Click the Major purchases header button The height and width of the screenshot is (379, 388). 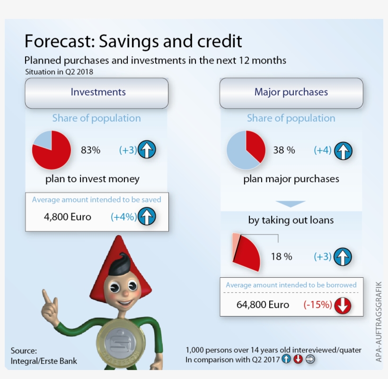pyautogui.click(x=291, y=92)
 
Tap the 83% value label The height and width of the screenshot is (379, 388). pyautogui.click(x=90, y=150)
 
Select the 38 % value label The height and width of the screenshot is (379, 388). pyautogui.click(x=284, y=150)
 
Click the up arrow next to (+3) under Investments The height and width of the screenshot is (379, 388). pyautogui.click(x=147, y=150)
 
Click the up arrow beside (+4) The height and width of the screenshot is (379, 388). pyautogui.click(x=343, y=151)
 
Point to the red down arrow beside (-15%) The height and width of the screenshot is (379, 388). pyautogui.click(x=343, y=305)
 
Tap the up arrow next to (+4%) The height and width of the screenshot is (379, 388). pyautogui.click(x=147, y=217)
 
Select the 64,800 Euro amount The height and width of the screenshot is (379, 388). pyautogui.click(x=263, y=305)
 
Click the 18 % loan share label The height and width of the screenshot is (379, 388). pyautogui.click(x=282, y=257)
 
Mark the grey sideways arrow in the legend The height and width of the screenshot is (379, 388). pyautogui.click(x=310, y=359)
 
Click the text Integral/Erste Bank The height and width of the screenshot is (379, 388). pyautogui.click(x=44, y=361)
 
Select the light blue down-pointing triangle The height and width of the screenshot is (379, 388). pyautogui.click(x=290, y=204)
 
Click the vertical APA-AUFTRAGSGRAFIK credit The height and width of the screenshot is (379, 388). pyautogui.click(x=379, y=322)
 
